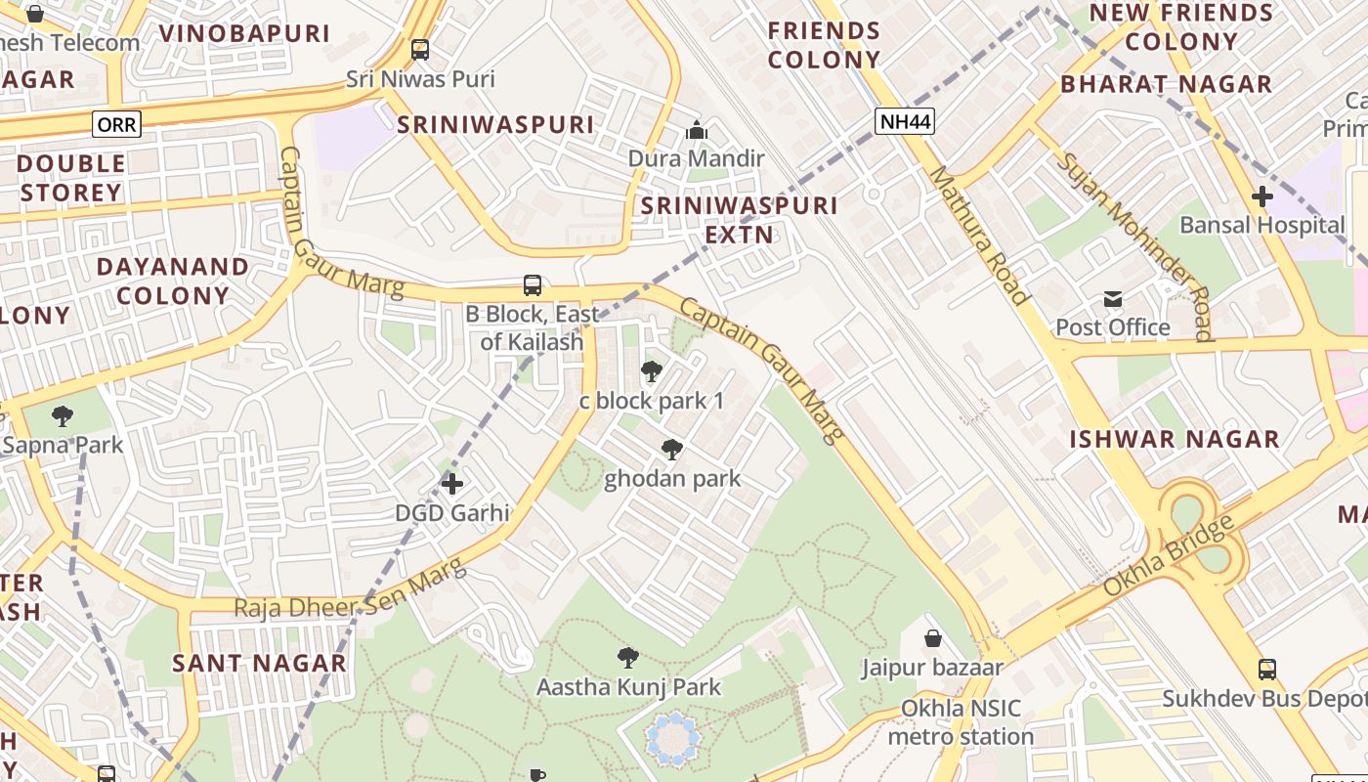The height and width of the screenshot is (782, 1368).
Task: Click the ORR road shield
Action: point(117,124)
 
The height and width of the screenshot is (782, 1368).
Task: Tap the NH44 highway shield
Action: point(905,121)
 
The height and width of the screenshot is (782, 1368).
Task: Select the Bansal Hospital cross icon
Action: point(1262,195)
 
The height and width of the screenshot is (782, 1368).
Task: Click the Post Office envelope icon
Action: point(1112,299)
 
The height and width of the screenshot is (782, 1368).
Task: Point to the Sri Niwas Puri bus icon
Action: point(420,49)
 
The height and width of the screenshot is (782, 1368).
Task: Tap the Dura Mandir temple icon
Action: point(696,129)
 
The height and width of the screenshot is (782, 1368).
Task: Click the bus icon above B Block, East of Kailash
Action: point(533,285)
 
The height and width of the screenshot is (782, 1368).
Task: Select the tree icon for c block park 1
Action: point(652,371)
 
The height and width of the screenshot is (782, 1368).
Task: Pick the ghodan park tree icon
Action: point(672,450)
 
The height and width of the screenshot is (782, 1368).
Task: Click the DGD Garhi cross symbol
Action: point(452,483)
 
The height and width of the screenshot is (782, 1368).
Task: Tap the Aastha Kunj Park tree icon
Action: point(628,658)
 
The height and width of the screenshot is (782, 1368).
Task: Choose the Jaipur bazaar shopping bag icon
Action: point(933,638)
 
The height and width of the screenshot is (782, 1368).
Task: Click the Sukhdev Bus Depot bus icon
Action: point(1267,670)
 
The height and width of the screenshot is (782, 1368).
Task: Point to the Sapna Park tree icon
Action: point(63,416)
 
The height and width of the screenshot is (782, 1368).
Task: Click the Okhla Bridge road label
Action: point(1169,556)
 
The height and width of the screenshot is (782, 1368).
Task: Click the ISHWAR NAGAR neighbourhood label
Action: point(1174,439)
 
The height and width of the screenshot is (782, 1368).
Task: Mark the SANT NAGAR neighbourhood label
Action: point(259,663)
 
